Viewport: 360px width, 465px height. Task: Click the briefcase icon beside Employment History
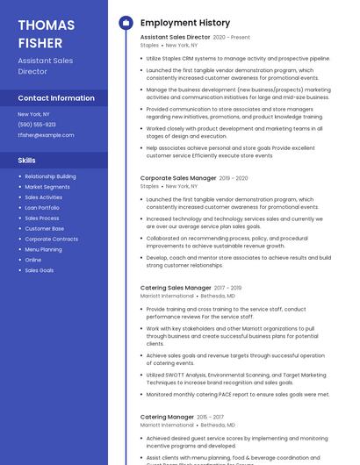pyautogui.click(x=126, y=23)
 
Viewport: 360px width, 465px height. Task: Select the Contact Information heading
pyautogui.click(x=56, y=98)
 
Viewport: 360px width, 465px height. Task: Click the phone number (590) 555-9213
pyautogui.click(x=37, y=125)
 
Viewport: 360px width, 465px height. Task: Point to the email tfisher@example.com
pyautogui.click(x=47, y=135)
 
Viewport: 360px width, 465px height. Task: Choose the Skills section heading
pyautogui.click(x=27, y=161)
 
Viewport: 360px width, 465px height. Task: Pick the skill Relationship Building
pyautogui.click(x=50, y=176)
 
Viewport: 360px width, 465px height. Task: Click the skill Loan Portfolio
pyautogui.click(x=42, y=208)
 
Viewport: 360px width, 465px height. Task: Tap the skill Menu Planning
pyautogui.click(x=43, y=249)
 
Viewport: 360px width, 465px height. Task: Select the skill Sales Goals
pyautogui.click(x=39, y=270)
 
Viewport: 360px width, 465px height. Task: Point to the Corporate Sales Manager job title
pyautogui.click(x=178, y=178)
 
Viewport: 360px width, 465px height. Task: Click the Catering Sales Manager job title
pyautogui.click(x=176, y=288)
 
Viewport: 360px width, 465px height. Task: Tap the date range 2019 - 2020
pyautogui.click(x=234, y=178)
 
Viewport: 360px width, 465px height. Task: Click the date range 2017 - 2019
pyautogui.click(x=227, y=288)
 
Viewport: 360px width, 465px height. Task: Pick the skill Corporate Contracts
pyautogui.click(x=51, y=239)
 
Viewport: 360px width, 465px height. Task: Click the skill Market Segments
pyautogui.click(x=47, y=187)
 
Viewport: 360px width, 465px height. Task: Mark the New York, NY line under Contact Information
pyautogui.click(x=34, y=114)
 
